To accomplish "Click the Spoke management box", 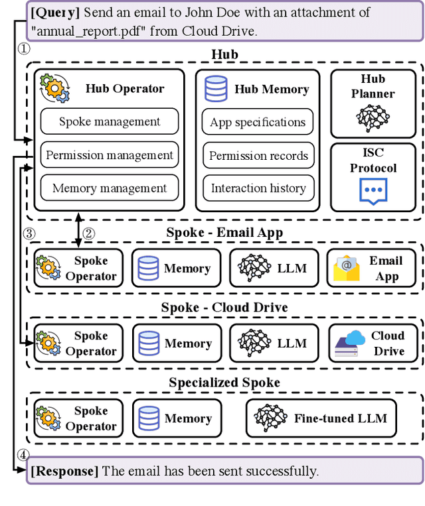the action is coord(110,121).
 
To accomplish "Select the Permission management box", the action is coord(110,155).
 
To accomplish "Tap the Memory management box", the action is coord(110,188).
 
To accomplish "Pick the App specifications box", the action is coord(258,122).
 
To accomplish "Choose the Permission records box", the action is coord(258,156).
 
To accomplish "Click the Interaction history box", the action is coord(258,188).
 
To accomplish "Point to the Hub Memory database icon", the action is coord(216,89).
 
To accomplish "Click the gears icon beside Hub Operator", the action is coord(54,88).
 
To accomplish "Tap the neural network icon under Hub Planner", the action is coord(373,118).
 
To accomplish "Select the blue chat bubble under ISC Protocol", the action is coord(373,192).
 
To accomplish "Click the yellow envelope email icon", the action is coord(347,268).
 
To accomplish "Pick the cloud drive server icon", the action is coord(350,344).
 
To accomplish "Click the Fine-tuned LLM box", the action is coord(321,418).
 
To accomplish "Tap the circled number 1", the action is coord(24,49).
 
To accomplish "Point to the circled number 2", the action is coord(89,233).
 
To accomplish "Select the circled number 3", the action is coord(29,233).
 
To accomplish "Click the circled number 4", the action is coord(23,455).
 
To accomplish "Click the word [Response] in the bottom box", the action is coord(64,471).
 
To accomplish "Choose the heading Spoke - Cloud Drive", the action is coord(224,307).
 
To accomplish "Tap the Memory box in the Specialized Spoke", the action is coord(177,418).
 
